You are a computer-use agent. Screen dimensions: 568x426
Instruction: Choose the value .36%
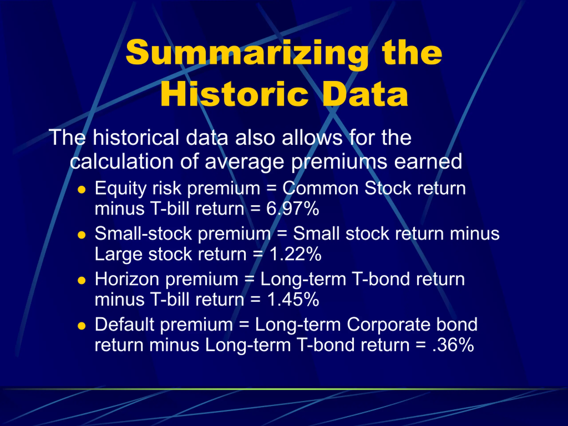click(x=453, y=345)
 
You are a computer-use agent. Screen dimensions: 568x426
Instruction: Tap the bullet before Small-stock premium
click(x=81, y=235)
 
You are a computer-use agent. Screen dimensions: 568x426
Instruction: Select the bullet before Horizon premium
click(x=81, y=280)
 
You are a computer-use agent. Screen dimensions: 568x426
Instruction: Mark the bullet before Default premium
click(x=81, y=326)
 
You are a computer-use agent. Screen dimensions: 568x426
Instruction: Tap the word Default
click(x=124, y=324)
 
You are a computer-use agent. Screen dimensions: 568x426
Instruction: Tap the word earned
click(x=428, y=162)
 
